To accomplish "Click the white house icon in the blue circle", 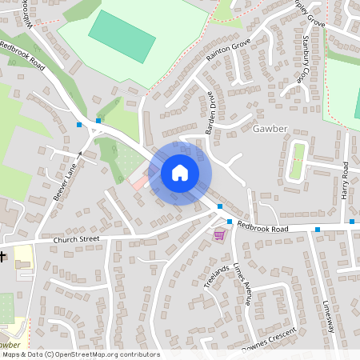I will [180, 173].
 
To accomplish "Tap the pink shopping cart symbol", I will [219, 234].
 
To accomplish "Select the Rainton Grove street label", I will [228, 50].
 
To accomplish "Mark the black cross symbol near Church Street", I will [3, 257].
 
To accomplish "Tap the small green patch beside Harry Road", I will [298, 161].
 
